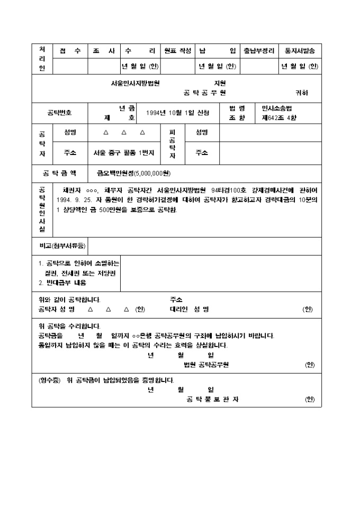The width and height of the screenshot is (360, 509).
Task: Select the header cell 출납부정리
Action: click(258, 51)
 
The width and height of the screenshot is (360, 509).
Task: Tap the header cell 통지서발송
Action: click(300, 51)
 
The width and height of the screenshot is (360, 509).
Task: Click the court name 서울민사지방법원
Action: click(136, 83)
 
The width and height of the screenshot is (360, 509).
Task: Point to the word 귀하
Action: click(301, 93)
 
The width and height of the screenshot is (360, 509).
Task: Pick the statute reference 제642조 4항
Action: click(279, 117)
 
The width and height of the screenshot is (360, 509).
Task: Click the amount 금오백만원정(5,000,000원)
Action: click(133, 173)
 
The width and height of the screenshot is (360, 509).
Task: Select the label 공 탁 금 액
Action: click(59, 173)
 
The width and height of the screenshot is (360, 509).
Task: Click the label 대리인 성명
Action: click(189, 309)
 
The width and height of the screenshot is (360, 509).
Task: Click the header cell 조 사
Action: click(104, 51)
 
